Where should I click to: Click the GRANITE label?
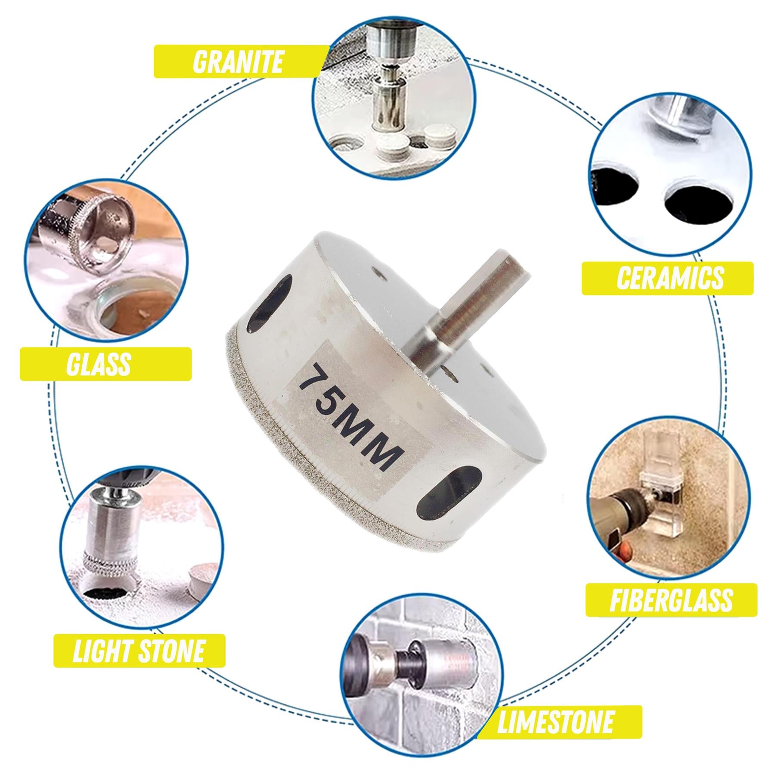pyautogui.click(x=238, y=62)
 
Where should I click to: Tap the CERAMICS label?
pyautogui.click(x=670, y=278)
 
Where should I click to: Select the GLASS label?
pyautogui.click(x=99, y=364)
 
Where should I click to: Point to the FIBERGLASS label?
pyautogui.click(x=671, y=599)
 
